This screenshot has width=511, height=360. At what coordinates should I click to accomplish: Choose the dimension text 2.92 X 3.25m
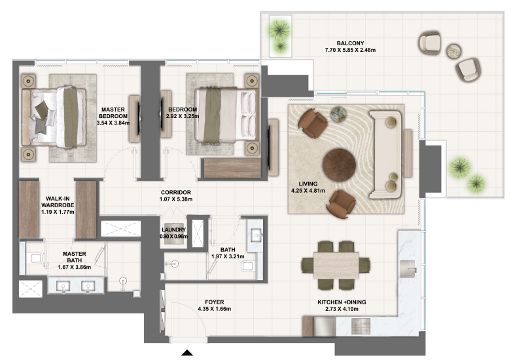183,117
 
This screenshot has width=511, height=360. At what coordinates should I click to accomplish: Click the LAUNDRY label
173,229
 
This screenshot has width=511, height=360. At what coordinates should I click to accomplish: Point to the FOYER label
214,302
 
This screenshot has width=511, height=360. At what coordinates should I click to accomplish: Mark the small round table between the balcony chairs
453,52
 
